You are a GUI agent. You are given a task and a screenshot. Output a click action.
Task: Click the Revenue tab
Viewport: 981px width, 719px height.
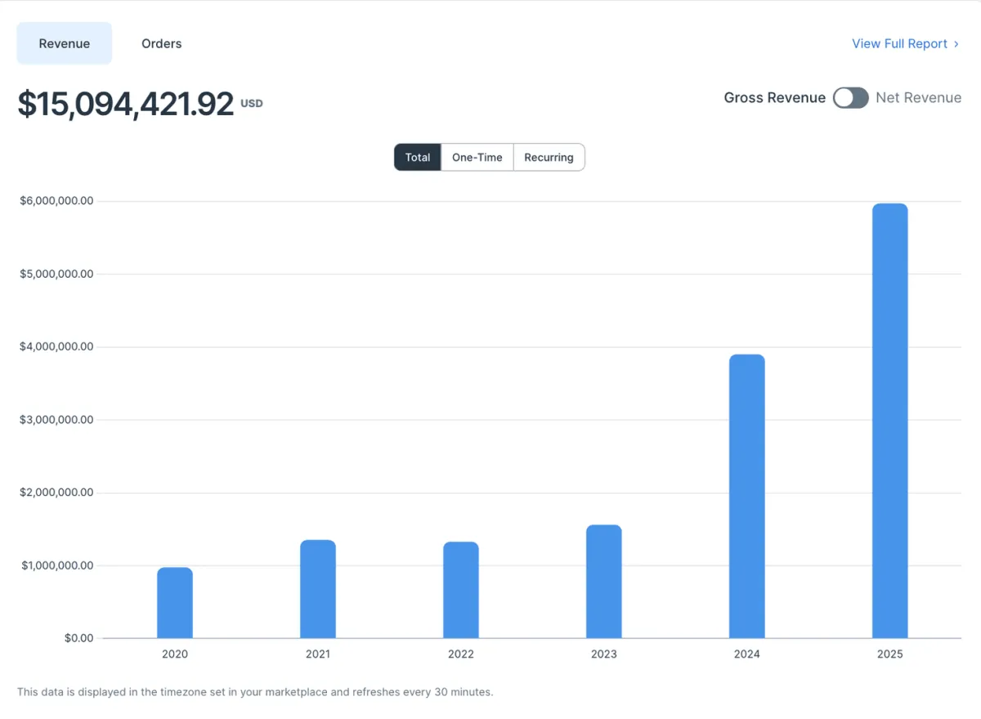(x=65, y=43)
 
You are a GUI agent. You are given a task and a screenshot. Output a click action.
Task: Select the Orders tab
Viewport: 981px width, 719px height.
(x=161, y=43)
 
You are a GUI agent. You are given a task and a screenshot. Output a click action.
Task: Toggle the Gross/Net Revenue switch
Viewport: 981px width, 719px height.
(x=850, y=98)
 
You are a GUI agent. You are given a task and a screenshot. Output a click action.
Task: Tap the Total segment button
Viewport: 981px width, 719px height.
(x=418, y=158)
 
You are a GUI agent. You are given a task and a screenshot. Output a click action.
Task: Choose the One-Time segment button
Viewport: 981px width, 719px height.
(x=477, y=158)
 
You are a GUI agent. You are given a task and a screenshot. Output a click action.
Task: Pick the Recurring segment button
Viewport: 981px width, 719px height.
(x=549, y=158)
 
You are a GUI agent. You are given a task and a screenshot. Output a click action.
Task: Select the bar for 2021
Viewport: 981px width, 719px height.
(x=318, y=589)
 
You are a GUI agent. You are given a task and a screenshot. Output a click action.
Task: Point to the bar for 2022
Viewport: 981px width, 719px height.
(x=461, y=590)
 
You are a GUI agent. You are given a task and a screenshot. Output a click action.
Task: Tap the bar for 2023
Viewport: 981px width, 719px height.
(x=604, y=582)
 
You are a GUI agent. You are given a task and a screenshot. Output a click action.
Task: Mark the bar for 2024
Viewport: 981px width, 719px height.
(x=747, y=496)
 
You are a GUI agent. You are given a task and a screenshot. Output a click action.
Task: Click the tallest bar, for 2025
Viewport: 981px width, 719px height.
(x=890, y=421)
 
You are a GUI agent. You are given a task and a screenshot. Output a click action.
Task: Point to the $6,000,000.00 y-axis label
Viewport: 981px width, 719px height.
(x=56, y=201)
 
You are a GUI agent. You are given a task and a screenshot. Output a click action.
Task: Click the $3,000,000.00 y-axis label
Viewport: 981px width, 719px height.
(x=56, y=420)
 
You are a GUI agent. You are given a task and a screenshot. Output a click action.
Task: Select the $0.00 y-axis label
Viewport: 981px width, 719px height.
(x=78, y=638)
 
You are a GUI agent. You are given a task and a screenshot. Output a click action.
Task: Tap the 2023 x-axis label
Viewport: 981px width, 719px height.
(x=604, y=654)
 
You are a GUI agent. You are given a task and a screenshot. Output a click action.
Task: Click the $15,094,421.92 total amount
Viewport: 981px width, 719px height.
(x=126, y=104)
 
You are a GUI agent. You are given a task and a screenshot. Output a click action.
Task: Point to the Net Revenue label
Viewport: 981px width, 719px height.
(x=918, y=98)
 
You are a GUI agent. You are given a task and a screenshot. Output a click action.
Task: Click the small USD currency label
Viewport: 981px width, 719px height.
(x=252, y=104)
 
